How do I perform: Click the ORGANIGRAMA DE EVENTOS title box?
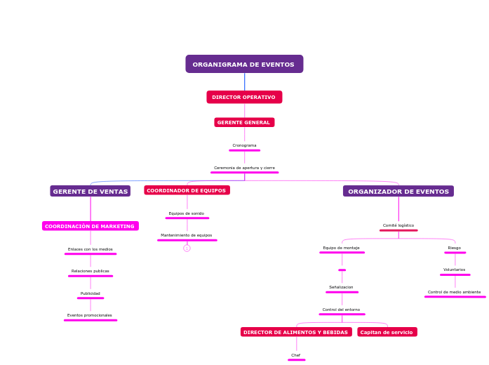click(244, 65)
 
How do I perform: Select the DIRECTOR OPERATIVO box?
click(244, 97)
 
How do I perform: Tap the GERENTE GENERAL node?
click(244, 122)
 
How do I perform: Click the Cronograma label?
click(244, 145)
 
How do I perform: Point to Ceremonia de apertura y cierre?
click(244, 168)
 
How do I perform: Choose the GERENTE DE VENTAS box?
click(91, 191)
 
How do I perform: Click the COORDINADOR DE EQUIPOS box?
click(187, 190)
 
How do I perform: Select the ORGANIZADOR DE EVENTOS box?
click(398, 191)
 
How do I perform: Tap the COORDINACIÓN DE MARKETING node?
click(90, 226)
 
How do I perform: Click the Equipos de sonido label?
click(187, 213)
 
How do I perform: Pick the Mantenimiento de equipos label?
click(187, 235)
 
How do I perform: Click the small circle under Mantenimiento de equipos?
click(187, 248)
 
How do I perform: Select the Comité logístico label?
click(398, 225)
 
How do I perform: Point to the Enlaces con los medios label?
click(90, 249)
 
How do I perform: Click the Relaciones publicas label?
click(90, 271)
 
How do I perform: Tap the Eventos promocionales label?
click(90, 315)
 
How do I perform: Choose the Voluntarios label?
click(455, 270)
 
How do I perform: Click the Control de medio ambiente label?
click(455, 292)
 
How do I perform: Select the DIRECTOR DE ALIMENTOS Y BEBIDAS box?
click(296, 332)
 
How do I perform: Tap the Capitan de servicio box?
click(387, 332)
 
